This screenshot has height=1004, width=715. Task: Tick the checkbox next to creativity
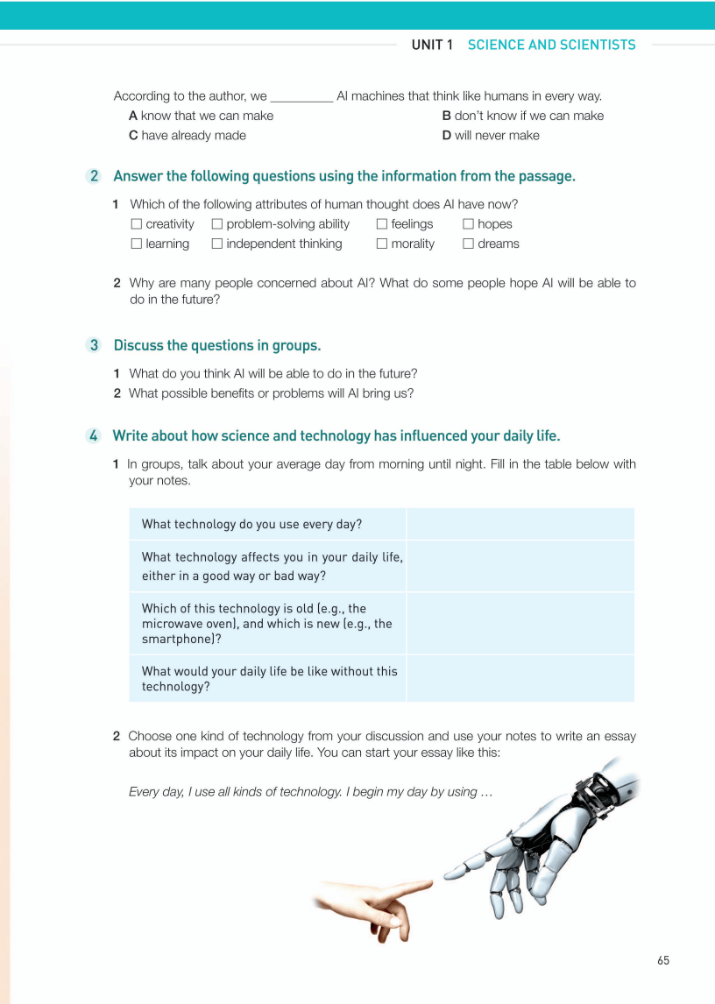pyautogui.click(x=136, y=224)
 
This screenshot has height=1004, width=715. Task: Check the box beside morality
pyautogui.click(x=382, y=244)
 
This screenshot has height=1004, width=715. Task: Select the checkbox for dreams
pyautogui.click(x=468, y=244)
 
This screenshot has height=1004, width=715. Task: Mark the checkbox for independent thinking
pyautogui.click(x=217, y=244)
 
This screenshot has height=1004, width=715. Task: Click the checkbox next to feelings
pyautogui.click(x=382, y=224)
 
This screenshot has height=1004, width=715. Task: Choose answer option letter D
pyautogui.click(x=446, y=136)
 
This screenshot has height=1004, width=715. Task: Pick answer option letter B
pyautogui.click(x=446, y=116)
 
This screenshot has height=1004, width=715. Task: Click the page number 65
pyautogui.click(x=662, y=960)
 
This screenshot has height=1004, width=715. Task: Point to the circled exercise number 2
pyautogui.click(x=94, y=176)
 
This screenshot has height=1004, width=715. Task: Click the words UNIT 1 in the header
pyautogui.click(x=432, y=45)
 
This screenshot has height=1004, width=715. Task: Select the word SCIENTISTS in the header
pyautogui.click(x=598, y=45)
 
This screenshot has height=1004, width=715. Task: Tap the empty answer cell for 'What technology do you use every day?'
pyautogui.click(x=520, y=524)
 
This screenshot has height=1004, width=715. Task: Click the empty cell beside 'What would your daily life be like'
pyautogui.click(x=520, y=678)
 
